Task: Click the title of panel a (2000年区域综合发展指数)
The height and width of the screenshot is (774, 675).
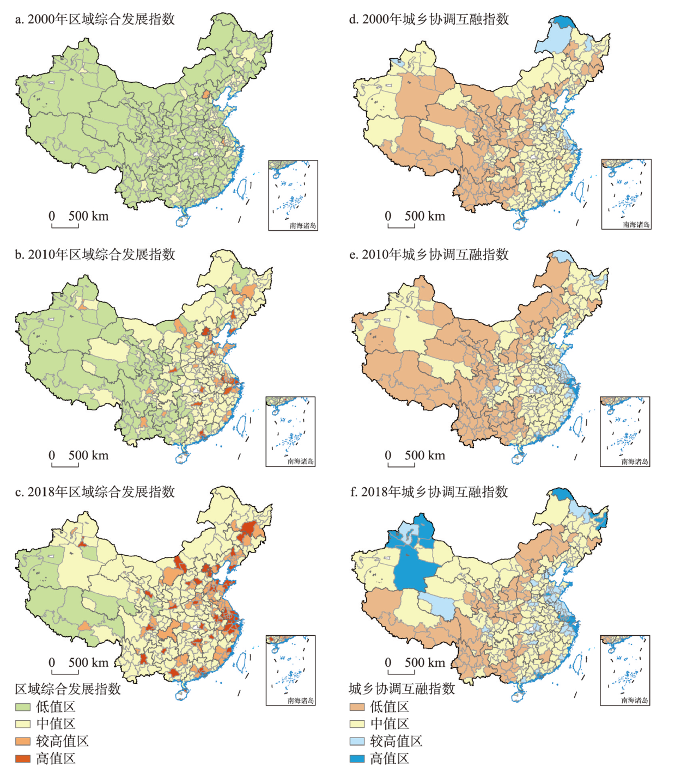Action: click(95, 20)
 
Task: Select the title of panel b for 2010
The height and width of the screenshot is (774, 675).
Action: click(95, 255)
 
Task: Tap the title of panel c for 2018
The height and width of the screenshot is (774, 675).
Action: click(95, 492)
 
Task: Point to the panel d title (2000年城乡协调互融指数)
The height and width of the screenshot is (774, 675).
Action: click(429, 20)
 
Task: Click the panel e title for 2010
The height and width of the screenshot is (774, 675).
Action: click(429, 255)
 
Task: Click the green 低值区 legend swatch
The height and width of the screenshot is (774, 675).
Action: click(22, 707)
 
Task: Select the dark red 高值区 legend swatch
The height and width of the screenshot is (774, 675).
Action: click(22, 758)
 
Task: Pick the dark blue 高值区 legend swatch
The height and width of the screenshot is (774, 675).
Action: click(357, 758)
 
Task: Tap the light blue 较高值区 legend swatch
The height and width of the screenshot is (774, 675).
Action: click(357, 741)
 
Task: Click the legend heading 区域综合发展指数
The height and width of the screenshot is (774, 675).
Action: click(68, 689)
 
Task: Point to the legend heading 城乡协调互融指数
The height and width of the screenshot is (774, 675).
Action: click(402, 689)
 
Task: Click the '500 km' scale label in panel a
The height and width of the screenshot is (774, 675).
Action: click(88, 217)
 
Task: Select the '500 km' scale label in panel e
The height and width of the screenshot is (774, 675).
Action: click(424, 456)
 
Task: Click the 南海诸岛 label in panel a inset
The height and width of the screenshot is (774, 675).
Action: click(302, 225)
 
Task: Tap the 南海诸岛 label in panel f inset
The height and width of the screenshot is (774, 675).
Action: click(635, 701)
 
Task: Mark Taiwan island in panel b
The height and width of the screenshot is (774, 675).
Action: click(241, 425)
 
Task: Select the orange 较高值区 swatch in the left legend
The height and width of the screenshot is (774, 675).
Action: click(22, 741)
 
